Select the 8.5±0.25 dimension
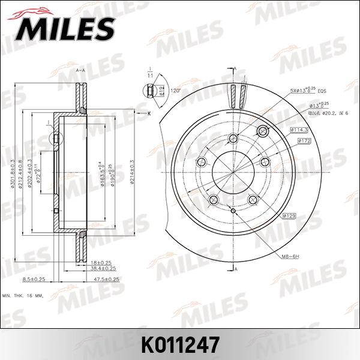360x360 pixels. [x=34, y=280]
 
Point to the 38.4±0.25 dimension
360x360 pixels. [x=103, y=268]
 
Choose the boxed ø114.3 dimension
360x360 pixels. [x=299, y=130]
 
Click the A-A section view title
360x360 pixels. [x=80, y=71]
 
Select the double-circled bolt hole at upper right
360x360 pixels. [x=262, y=131]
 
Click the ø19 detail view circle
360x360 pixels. [x=151, y=91]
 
